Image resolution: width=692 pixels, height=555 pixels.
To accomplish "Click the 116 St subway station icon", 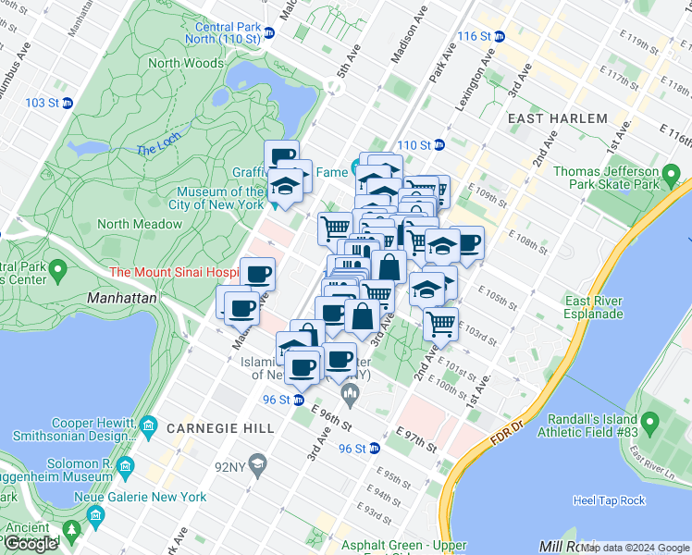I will coord(500,36).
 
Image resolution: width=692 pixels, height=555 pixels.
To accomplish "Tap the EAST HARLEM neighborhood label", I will coord(557,118).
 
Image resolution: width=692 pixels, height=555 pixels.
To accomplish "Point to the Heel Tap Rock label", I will coord(608,500).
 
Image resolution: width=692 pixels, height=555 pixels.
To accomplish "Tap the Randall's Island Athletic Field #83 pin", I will coord(649,425).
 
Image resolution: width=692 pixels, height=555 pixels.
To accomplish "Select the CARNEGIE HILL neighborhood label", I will coord(220,428).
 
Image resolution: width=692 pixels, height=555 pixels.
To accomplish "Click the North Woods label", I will coord(186,63).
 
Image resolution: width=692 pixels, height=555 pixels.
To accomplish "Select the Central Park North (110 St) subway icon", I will coord(268,32).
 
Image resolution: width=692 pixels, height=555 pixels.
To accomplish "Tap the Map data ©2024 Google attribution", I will coord(635,548).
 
